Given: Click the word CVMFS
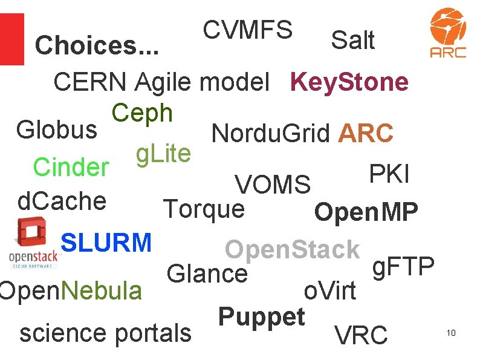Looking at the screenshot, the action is click(x=248, y=29).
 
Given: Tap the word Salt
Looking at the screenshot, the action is click(x=352, y=41).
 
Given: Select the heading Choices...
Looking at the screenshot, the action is click(x=96, y=45).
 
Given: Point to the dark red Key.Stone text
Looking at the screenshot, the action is click(x=349, y=82).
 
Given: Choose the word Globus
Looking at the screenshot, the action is click(x=56, y=129).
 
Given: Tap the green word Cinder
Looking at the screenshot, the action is click(x=71, y=167).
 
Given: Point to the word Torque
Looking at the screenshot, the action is click(x=204, y=209).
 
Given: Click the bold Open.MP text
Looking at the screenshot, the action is click(x=366, y=212).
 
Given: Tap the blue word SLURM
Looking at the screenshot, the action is click(x=106, y=243).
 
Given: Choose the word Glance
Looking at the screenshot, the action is click(x=207, y=273).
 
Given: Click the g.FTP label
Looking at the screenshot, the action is click(x=403, y=266).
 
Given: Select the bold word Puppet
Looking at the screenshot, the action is click(x=261, y=316).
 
